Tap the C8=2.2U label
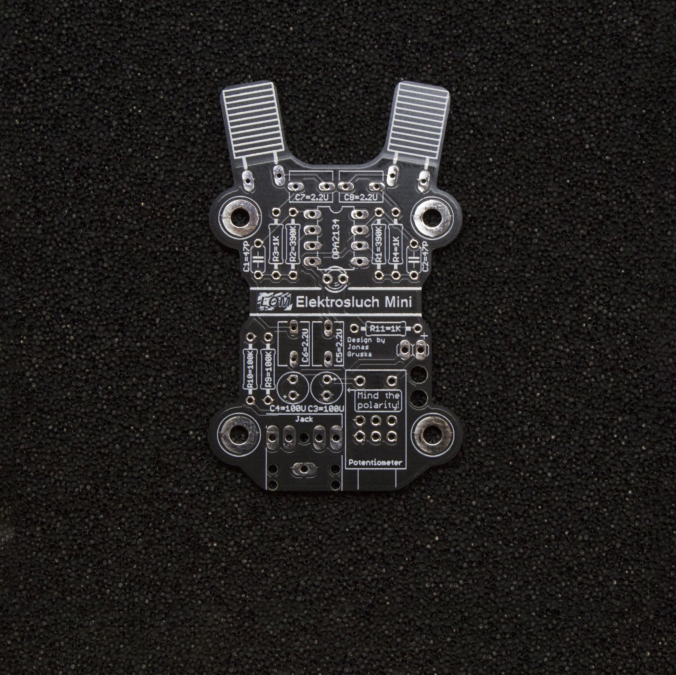point(361,197)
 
